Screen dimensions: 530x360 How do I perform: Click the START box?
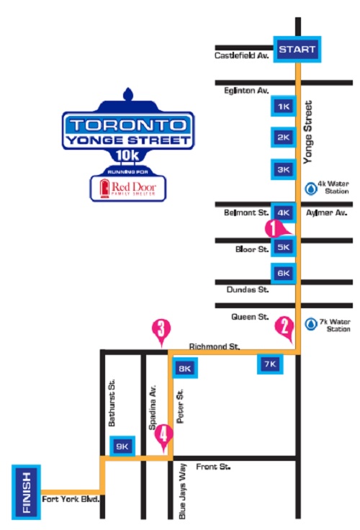[296, 50]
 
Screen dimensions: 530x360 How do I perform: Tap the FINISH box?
[26, 492]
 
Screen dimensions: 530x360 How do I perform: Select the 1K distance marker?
[282, 107]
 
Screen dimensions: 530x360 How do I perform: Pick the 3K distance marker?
[282, 170]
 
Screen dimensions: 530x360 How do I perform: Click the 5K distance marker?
[282, 247]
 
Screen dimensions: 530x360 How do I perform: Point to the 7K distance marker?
[270, 364]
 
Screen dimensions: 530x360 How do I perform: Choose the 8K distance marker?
[184, 369]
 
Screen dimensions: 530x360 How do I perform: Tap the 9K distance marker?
[121, 446]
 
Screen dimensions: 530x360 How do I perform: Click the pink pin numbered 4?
[165, 434]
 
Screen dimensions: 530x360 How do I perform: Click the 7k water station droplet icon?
[311, 325]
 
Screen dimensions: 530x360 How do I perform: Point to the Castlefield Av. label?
[240, 55]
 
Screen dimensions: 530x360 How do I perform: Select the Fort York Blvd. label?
[70, 498]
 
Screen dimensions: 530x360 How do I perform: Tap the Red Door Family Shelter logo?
[126, 189]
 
